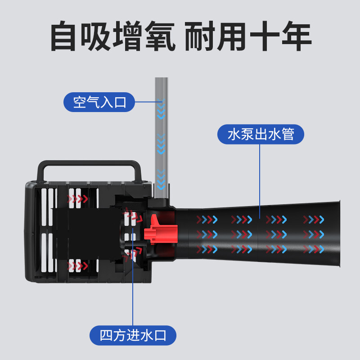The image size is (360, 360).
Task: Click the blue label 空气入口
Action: tap(99, 102)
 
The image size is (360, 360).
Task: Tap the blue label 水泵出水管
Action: tap(261, 134)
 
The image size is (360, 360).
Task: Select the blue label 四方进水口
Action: tap(133, 335)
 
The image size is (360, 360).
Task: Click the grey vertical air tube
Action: tap(162, 138)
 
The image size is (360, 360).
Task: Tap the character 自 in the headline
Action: tap(63, 36)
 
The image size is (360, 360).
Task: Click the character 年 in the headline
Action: tap(297, 36)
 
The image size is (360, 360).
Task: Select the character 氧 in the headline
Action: tap(161, 36)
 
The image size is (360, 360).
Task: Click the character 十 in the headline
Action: tap(265, 36)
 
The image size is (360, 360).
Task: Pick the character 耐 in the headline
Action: tap(200, 36)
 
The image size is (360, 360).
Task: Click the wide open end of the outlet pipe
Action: tap(338, 234)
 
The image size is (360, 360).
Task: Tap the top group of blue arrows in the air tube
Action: tap(161, 109)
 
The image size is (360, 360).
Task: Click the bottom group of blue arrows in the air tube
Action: tap(161, 180)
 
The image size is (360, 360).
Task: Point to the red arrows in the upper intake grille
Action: tap(77, 199)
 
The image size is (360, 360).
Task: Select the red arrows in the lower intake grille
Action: tap(77, 266)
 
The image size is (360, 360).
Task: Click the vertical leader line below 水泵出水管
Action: tap(260, 181)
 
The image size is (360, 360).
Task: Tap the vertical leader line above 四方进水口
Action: tap(133, 277)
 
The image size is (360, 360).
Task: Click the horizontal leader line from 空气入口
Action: tap(148, 102)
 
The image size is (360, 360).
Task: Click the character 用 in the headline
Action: tap(232, 36)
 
